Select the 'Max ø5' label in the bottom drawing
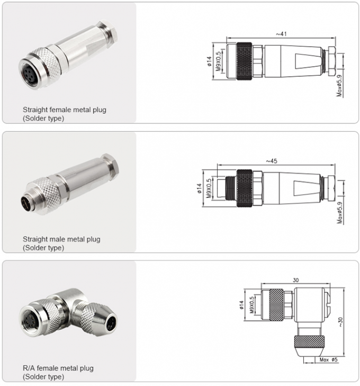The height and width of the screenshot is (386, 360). (328, 360)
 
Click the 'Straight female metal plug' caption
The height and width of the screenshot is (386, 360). (64, 110)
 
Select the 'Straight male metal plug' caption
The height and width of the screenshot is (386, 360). (61, 239)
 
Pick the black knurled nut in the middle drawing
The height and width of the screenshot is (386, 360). (245, 188)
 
